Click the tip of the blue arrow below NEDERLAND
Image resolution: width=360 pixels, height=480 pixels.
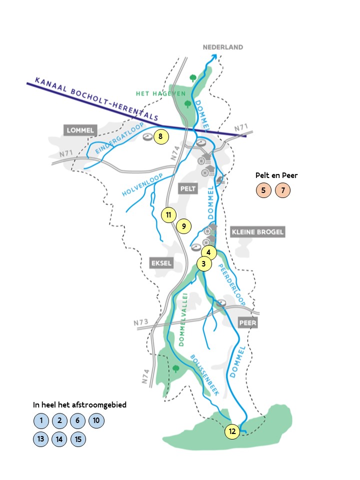(x=215, y=54)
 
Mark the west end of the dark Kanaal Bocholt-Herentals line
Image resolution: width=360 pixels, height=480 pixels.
(x=27, y=83)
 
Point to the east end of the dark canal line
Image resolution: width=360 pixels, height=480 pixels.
(x=246, y=136)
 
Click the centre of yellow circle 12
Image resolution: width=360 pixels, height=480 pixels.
(x=232, y=431)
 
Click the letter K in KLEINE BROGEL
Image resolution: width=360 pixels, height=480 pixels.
(x=234, y=231)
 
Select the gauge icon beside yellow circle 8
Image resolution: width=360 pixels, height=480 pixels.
(x=148, y=137)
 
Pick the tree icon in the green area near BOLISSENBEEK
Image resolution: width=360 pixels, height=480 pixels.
(x=175, y=368)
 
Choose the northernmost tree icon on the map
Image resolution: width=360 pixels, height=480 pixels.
(x=193, y=78)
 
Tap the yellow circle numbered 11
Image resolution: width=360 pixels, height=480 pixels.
(x=168, y=215)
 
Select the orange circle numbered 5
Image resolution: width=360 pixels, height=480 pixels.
(x=263, y=190)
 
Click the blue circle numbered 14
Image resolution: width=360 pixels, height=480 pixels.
(x=59, y=439)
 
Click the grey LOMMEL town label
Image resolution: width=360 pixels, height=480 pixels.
(x=80, y=130)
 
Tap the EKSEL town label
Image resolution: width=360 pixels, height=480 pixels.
(x=161, y=263)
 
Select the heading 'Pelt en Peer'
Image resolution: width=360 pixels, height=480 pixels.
(x=276, y=175)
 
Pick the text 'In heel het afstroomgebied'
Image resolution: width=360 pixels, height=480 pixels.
(x=79, y=405)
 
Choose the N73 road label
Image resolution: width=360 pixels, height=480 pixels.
(x=141, y=322)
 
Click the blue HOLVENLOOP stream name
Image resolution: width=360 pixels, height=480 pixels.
(x=142, y=184)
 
